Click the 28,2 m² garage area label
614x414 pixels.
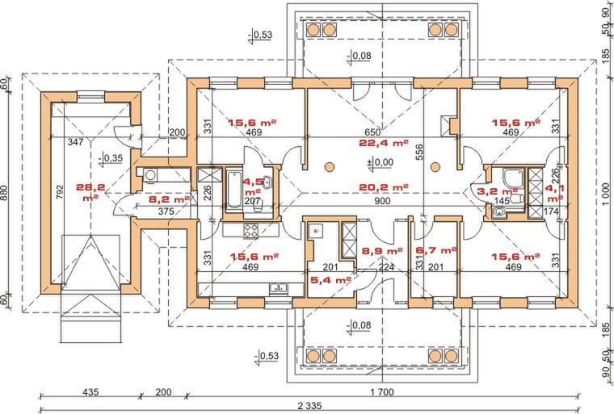(x=90, y=192)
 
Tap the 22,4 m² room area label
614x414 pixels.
(x=384, y=143)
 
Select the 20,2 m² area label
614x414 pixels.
(x=384, y=187)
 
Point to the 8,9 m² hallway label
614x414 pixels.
(x=382, y=251)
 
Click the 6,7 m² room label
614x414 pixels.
(x=436, y=250)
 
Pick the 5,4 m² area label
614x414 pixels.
(x=330, y=280)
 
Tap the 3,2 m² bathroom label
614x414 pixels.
(x=498, y=191)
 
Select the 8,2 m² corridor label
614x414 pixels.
(x=170, y=199)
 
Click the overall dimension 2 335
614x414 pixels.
(x=309, y=406)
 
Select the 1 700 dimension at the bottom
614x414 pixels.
(x=382, y=391)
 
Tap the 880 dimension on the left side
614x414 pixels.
(x=5, y=193)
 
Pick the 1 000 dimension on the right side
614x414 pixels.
(x=607, y=194)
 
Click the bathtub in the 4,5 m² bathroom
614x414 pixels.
(x=234, y=189)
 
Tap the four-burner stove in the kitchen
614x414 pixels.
(x=251, y=231)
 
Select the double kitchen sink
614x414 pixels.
(x=280, y=288)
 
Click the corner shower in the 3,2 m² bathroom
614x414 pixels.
(x=513, y=179)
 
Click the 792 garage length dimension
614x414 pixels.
(x=60, y=192)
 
